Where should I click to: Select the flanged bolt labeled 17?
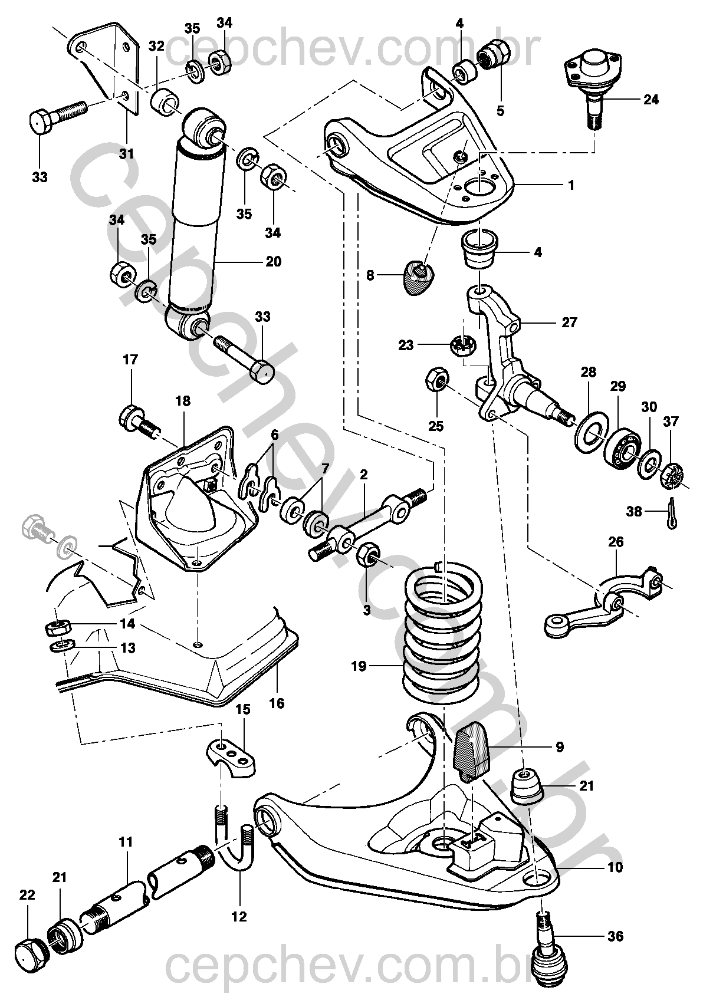coord(139,422)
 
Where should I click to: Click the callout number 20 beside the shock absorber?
coord(273,261)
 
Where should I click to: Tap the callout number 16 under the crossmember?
coord(277,703)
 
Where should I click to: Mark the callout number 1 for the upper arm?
coord(571,185)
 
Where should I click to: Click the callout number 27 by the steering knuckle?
coord(569,322)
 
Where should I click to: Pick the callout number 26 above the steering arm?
coord(616,542)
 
